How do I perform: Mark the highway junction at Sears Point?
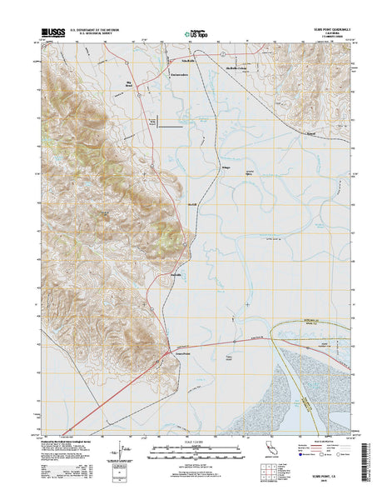click(169, 343)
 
